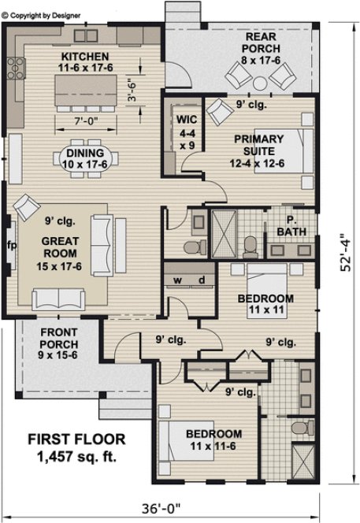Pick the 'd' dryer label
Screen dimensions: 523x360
[202, 280]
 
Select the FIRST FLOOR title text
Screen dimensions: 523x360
[77, 439]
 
